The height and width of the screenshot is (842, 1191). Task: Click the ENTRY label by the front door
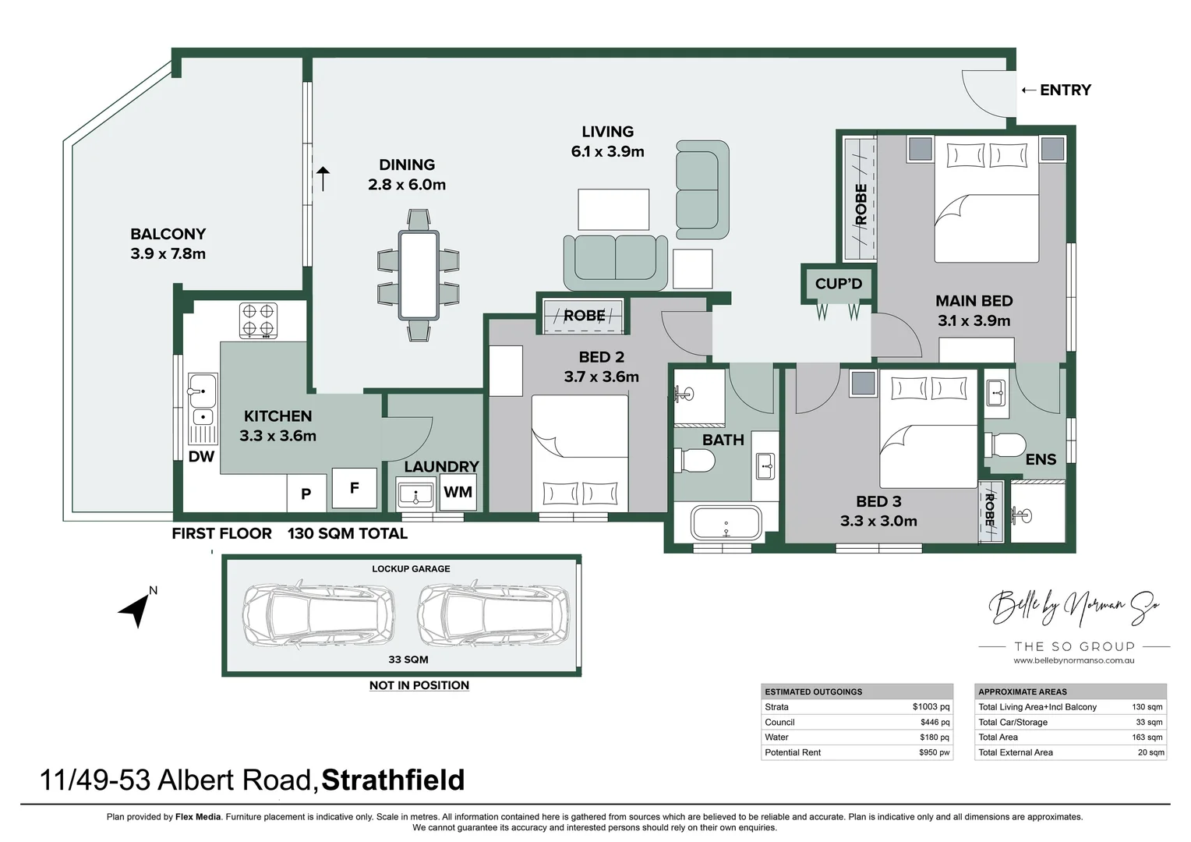(1065, 90)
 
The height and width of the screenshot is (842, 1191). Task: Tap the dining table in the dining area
(419, 274)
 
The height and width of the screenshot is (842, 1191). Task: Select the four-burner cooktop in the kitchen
(258, 320)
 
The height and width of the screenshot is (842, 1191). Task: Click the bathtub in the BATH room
(726, 523)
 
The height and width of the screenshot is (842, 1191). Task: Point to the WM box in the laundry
(458, 492)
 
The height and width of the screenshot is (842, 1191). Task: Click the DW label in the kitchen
(201, 457)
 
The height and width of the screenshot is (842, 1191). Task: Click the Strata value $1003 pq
(931, 707)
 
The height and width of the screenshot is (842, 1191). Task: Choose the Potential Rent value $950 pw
(934, 752)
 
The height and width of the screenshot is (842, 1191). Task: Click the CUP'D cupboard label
(839, 284)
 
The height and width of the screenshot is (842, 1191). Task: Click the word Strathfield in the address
(393, 780)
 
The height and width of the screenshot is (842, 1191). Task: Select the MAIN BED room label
(974, 301)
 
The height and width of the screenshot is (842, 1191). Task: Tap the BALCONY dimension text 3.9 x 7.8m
(168, 254)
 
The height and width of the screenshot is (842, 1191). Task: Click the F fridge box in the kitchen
(354, 489)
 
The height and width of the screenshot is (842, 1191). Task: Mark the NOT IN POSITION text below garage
(419, 685)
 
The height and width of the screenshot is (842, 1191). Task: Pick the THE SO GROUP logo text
(1074, 646)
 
